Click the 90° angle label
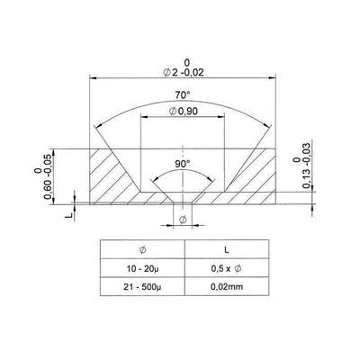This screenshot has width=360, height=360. pyautogui.click(x=182, y=166)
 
